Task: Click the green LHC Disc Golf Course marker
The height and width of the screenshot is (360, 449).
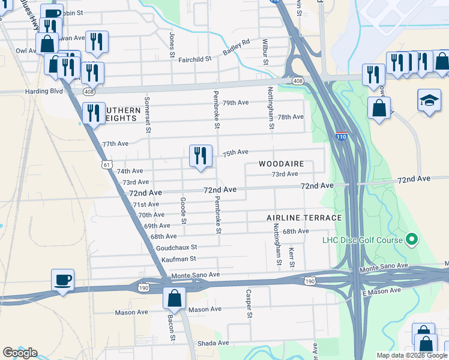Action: point(411,240)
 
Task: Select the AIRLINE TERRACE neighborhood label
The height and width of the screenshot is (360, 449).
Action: point(304,218)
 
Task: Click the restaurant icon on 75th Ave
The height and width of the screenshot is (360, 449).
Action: point(200,155)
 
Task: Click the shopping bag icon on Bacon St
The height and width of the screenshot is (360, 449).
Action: point(174,298)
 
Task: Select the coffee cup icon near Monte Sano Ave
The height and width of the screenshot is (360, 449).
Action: point(62,280)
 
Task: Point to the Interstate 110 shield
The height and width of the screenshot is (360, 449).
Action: point(341,137)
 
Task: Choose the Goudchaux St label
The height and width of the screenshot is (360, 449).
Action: point(176,247)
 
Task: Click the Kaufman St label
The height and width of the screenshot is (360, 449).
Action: point(179,259)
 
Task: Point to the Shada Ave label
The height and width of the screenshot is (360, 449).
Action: point(214,343)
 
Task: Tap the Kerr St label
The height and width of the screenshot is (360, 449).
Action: point(292,257)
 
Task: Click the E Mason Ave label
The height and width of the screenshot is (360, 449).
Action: point(381,292)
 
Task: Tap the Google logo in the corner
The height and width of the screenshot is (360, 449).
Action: point(20,353)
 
